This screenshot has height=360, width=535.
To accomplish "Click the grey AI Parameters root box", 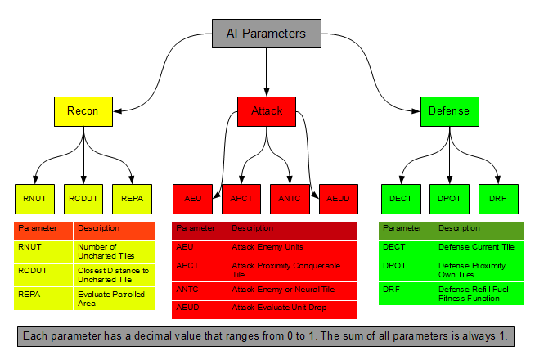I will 266,34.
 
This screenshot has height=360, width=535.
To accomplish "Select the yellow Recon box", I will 83,111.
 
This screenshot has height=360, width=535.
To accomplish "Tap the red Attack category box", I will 266,111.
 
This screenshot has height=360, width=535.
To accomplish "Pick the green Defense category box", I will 449,111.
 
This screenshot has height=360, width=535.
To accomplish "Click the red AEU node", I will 193,198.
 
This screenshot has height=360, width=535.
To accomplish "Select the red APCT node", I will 241,198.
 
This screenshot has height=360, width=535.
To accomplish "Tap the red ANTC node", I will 290,198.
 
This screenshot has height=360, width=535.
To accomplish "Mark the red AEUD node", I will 338,198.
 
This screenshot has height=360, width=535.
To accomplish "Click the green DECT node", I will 401,198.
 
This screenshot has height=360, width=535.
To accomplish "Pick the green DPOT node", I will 450,198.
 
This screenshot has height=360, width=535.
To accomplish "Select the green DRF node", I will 497,198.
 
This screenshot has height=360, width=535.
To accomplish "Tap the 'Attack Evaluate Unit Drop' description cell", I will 292,309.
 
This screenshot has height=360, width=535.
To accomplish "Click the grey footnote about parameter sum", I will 267,336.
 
